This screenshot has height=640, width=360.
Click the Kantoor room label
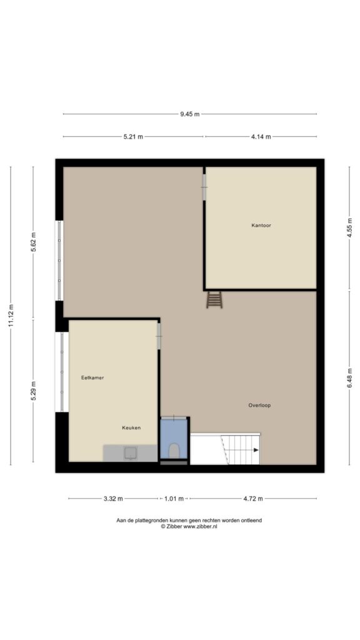coord(261,225)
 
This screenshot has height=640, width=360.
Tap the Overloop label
coord(259,405)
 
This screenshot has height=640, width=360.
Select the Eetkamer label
coord(92,377)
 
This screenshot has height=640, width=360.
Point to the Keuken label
coord(131,427)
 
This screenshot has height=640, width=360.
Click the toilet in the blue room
coord(174,451)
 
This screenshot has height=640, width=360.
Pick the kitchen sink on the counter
coord(131,452)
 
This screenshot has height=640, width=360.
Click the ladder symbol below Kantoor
coord(214,299)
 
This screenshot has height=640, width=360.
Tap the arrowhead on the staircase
coord(256,450)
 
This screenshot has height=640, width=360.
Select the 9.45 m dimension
coord(190,114)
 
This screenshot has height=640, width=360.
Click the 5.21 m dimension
coord(134,137)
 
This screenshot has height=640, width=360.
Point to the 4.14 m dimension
coord(261,137)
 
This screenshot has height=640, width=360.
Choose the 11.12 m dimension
coord(11,316)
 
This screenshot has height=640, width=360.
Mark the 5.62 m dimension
coord(34,243)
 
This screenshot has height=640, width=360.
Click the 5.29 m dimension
coord(34,391)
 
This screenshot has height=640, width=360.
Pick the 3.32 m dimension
coord(113,498)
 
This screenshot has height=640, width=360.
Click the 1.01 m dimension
coord(174,498)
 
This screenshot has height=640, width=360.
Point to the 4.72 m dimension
coord(253,498)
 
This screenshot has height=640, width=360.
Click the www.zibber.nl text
coord(200,526)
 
